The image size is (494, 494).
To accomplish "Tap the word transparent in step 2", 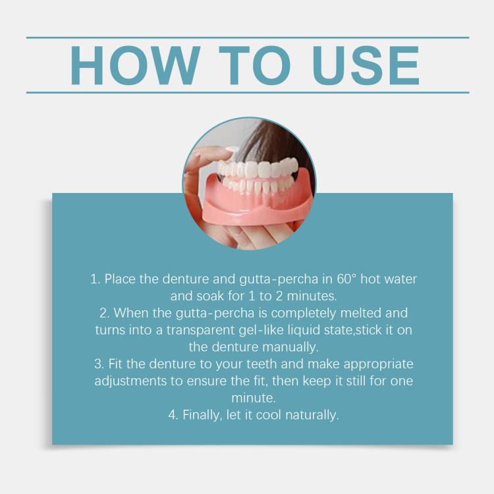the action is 200,331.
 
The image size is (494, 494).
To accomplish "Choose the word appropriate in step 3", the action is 378,364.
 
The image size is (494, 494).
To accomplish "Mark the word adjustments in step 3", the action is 131,381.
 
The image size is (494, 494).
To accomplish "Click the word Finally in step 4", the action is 202,415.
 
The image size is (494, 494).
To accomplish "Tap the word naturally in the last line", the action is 312,415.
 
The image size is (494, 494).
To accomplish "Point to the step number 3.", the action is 99,364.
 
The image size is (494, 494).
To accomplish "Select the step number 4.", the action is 173,415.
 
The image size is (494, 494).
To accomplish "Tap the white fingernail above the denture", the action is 231,150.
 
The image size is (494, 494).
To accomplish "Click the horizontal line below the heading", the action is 248,93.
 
